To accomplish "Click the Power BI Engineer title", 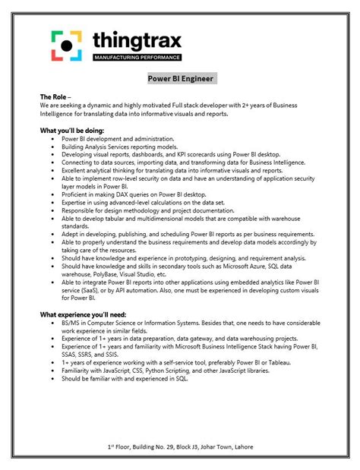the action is pos(182,79).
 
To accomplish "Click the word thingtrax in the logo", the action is pos(137,40).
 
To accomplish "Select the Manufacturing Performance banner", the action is pos(137,58).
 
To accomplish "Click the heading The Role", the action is pos(54,98).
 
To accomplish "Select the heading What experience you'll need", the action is pos(84,313).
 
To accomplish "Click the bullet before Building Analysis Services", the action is pos(51,147).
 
